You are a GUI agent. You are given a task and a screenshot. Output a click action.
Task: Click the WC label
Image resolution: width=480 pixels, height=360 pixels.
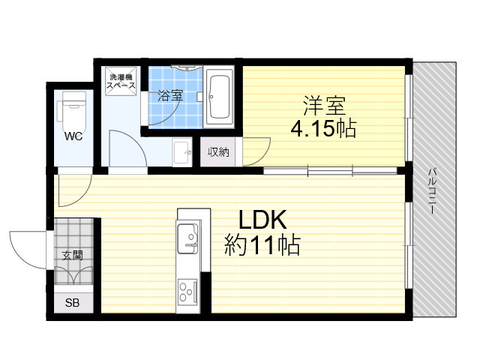73,136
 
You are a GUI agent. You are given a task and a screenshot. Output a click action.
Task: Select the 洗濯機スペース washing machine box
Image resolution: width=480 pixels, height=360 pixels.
121,81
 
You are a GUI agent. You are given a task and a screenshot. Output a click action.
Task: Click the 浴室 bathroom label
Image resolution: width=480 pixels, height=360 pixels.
170,95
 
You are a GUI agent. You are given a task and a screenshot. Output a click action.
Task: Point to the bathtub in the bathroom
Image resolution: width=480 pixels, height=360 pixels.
219,97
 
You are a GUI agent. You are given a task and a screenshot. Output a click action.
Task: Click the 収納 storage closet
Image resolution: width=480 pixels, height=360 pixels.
218,151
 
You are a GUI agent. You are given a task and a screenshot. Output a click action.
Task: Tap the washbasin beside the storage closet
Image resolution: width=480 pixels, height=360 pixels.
182,152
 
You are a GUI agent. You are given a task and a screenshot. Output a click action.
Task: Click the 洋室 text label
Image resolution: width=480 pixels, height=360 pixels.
324,105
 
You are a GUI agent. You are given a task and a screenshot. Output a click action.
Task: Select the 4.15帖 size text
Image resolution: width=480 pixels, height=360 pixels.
323,129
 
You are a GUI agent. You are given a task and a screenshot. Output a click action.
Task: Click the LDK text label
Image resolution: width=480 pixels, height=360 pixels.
262,220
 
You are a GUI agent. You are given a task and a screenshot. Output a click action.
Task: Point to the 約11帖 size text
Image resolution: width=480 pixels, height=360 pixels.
262,244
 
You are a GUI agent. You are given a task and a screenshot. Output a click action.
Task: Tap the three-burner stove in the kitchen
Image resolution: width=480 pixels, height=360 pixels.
187,292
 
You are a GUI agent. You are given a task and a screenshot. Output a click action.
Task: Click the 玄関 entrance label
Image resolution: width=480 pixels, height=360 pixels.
73,255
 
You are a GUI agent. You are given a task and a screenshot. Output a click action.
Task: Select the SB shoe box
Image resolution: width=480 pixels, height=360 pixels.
73,303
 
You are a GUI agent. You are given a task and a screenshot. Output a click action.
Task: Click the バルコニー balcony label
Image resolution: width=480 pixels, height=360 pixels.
432,190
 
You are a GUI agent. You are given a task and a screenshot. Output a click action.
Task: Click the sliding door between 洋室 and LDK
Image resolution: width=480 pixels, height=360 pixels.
330,170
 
